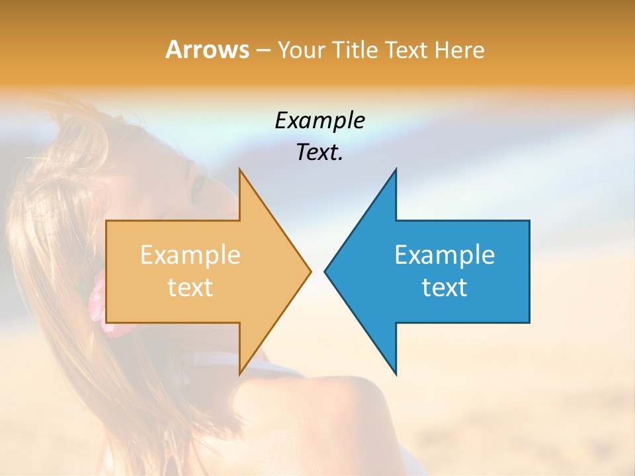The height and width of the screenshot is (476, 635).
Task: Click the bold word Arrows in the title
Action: [207, 50]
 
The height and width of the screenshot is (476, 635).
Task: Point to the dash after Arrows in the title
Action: [263, 51]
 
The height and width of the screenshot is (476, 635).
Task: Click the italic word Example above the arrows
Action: [319, 121]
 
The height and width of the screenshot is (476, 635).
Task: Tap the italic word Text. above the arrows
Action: [319, 153]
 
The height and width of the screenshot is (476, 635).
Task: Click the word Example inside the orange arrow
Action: [190, 255]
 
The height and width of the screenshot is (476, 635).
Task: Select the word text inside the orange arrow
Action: [190, 288]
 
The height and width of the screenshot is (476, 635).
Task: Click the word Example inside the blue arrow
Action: [444, 255]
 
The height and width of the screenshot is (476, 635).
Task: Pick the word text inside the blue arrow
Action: [444, 288]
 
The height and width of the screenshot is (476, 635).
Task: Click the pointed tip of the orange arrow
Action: [310, 271]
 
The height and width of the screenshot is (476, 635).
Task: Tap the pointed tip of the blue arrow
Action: [325, 271]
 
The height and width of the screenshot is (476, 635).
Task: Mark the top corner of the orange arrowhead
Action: [240, 170]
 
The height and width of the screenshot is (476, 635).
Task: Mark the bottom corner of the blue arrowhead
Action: [396, 374]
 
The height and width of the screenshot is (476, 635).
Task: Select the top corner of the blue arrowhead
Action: [396, 170]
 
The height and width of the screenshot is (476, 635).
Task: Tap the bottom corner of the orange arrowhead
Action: [240, 374]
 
